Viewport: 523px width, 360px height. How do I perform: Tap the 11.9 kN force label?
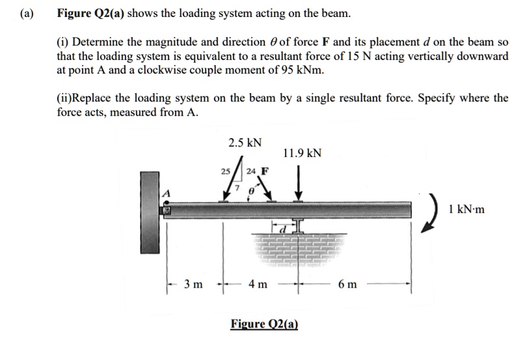[x=302, y=154]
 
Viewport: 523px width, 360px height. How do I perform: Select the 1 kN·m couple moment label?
[x=467, y=209]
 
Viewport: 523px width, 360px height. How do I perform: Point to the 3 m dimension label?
[x=193, y=284]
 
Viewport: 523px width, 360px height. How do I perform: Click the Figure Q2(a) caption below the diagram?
[x=264, y=324]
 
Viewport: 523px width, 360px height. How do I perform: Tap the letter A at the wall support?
[x=166, y=193]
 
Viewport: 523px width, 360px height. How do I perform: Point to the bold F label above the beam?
[x=264, y=172]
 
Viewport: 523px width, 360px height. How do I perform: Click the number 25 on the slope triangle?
[x=225, y=172]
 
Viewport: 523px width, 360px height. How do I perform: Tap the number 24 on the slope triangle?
[x=250, y=172]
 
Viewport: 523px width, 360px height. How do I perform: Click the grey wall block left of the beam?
[x=150, y=212]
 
